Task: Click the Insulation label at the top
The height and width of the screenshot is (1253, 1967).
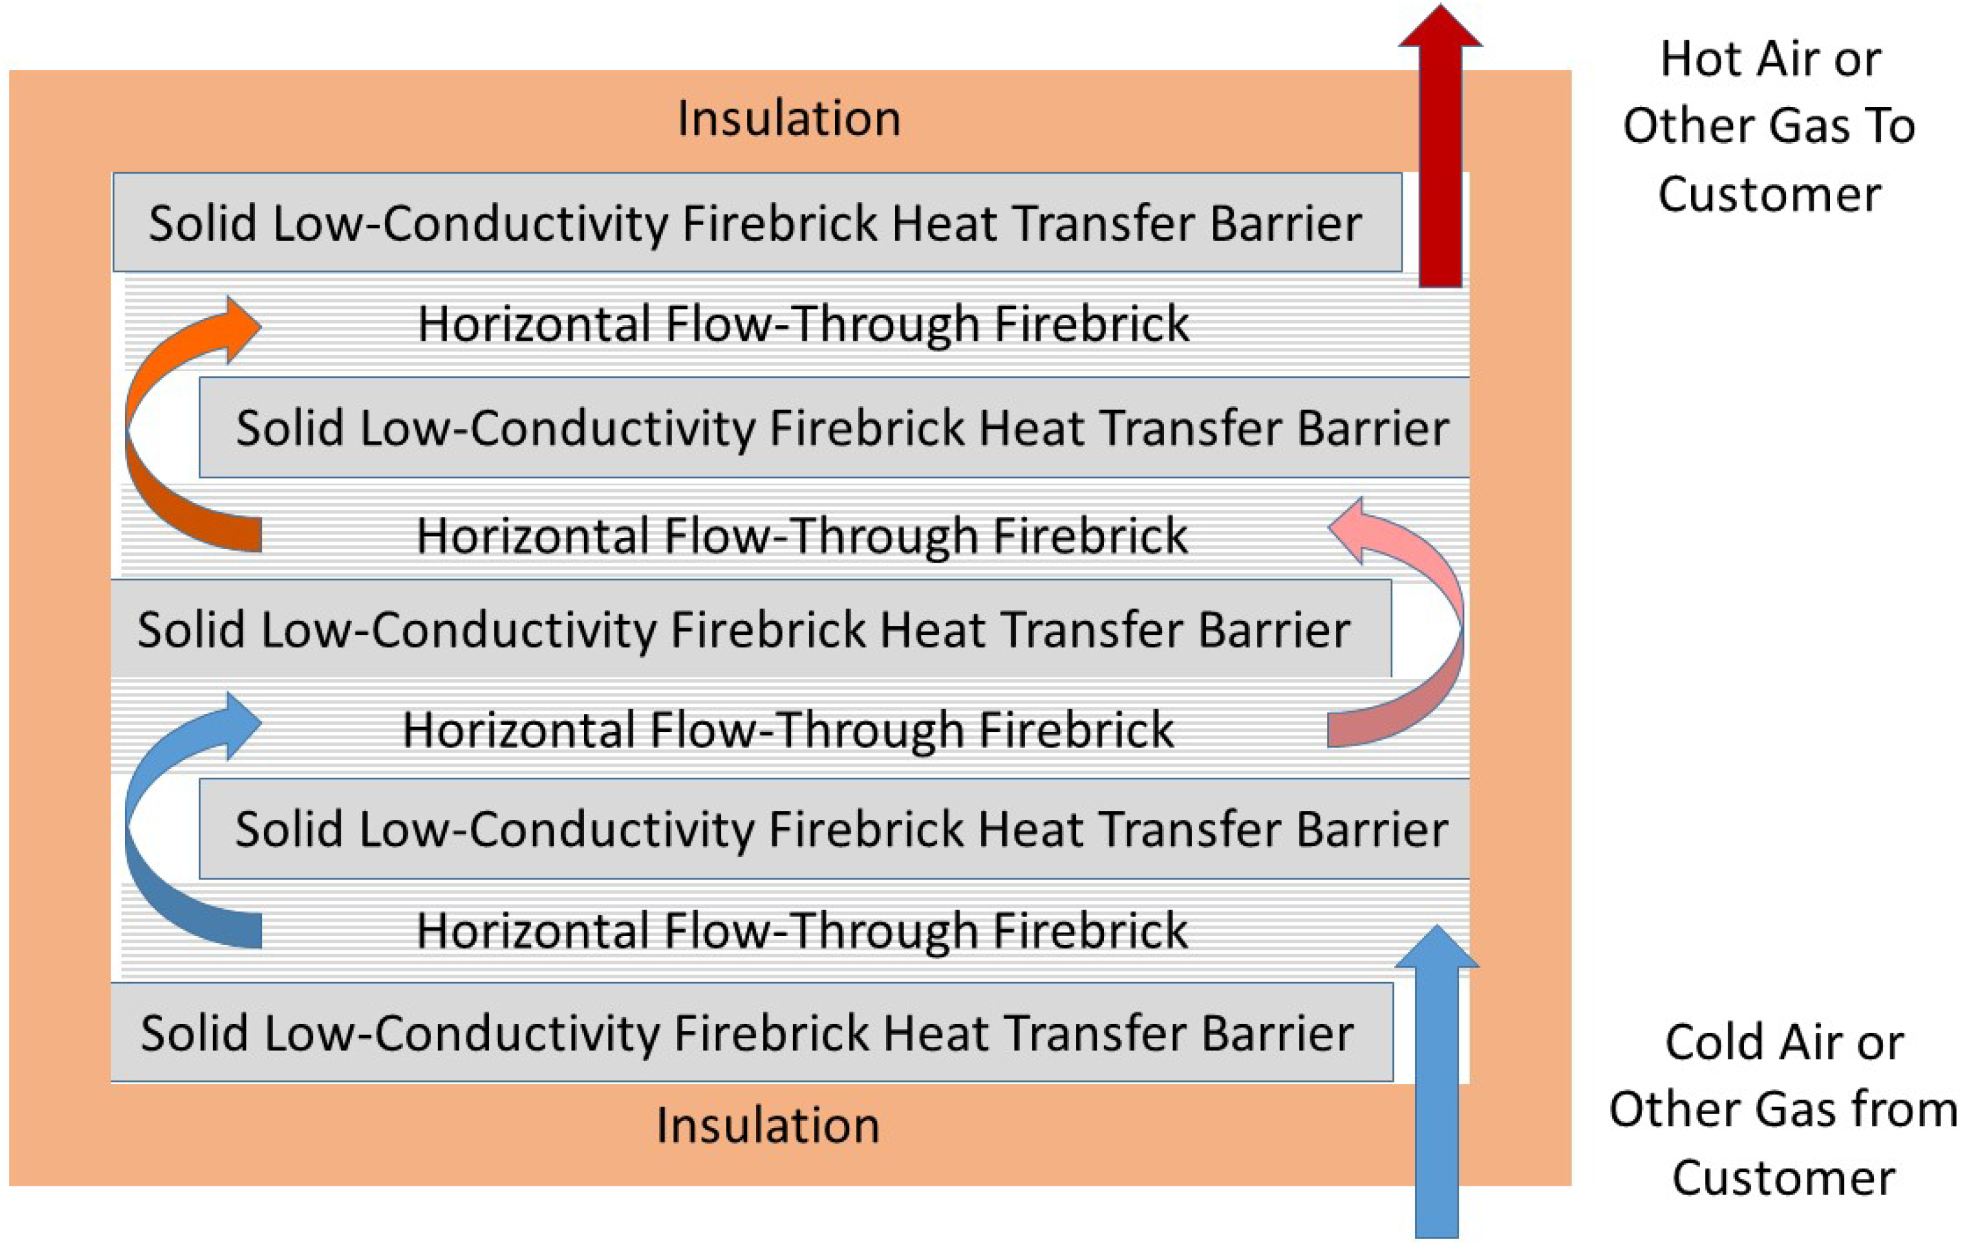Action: pyautogui.click(x=789, y=119)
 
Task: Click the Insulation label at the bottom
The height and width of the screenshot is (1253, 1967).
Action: pyautogui.click(x=768, y=1125)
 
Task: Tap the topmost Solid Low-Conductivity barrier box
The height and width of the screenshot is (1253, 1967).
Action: pyautogui.click(x=757, y=223)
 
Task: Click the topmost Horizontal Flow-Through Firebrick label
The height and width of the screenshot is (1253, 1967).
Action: pyautogui.click(x=803, y=324)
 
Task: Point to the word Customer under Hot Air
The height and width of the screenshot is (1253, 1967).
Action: pyautogui.click(x=1769, y=194)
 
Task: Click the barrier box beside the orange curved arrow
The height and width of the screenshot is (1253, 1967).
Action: pyautogui.click(x=841, y=428)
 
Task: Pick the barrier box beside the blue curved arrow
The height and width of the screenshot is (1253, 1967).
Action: pyautogui.click(x=841, y=829)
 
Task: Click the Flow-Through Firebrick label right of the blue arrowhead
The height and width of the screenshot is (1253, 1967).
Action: pyautogui.click(x=788, y=729)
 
